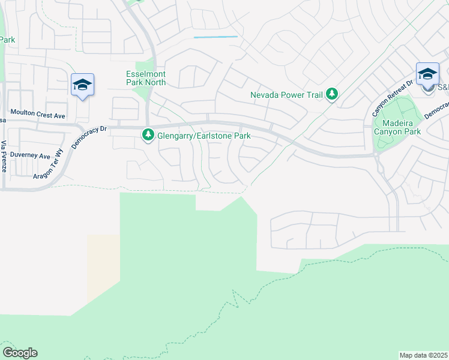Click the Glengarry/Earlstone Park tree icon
tap(148, 136)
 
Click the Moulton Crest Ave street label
tap(38, 113)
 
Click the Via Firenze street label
tap(4, 157)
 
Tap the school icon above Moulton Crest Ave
tap(82, 85)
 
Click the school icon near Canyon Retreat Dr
tap(427, 74)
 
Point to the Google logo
tap(20, 353)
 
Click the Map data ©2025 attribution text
tap(424, 355)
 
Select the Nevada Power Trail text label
tap(286, 95)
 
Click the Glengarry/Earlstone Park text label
tap(203, 136)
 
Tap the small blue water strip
tap(215, 37)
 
